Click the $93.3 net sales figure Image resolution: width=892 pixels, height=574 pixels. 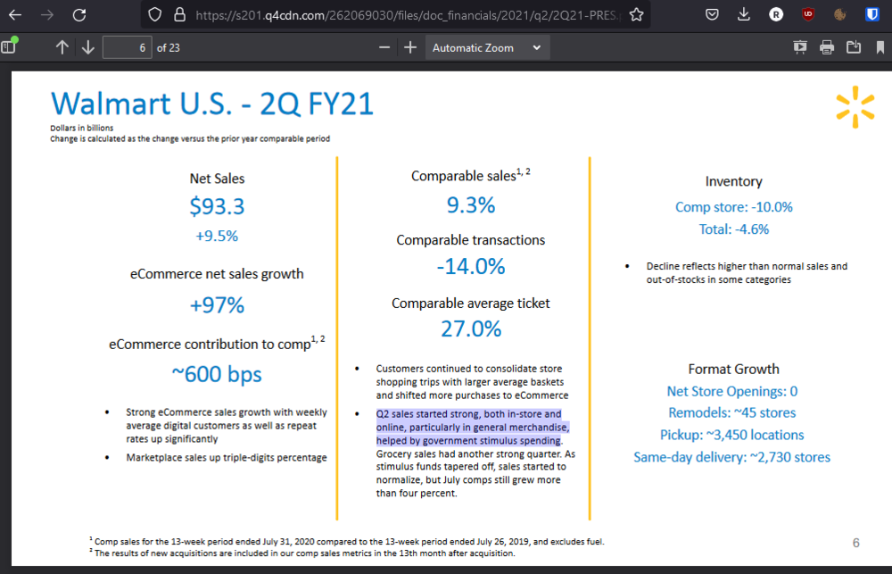(217, 207)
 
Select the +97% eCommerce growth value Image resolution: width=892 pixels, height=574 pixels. (217, 305)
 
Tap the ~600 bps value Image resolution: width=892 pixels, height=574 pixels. (217, 374)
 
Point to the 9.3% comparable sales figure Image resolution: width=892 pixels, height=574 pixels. (470, 205)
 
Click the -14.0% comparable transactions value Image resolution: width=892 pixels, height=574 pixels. (470, 266)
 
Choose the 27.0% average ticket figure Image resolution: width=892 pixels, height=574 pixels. (470, 329)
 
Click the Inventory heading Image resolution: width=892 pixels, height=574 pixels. (733, 181)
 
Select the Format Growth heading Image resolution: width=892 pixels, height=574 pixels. (733, 369)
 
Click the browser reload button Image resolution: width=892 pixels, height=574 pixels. (79, 14)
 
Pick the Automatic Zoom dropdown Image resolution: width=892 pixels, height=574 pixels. (486, 48)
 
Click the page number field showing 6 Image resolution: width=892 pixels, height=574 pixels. (127, 48)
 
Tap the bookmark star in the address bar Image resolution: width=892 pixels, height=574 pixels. (636, 14)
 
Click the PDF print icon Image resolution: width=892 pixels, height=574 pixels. (827, 47)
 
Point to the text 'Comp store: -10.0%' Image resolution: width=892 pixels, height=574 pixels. (733, 207)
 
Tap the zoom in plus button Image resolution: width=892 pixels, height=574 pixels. (410, 48)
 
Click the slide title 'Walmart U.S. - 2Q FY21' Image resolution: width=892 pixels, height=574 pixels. (212, 104)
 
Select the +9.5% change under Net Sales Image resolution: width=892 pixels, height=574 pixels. (217, 237)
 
